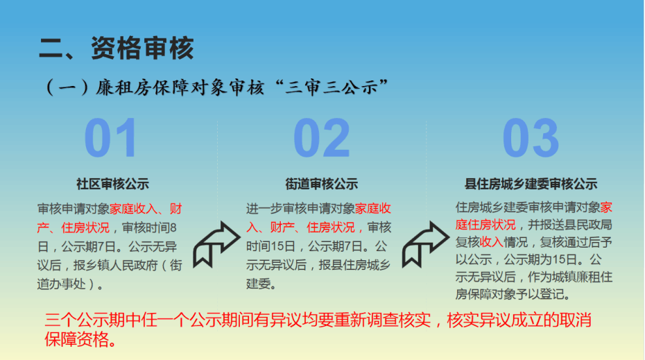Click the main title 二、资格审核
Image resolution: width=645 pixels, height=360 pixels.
(116, 48)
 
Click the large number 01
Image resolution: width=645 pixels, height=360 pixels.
(111, 138)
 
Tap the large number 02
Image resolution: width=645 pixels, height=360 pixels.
(322, 138)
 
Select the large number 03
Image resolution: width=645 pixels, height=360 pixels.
(531, 138)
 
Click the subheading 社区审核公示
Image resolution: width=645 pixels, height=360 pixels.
(113, 184)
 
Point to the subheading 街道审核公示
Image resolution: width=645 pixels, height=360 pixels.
(322, 184)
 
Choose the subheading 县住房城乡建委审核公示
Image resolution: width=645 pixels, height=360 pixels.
(531, 184)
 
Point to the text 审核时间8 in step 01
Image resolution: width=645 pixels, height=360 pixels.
(149, 228)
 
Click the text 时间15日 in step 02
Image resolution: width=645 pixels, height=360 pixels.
(270, 246)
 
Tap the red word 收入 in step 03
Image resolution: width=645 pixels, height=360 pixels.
(492, 242)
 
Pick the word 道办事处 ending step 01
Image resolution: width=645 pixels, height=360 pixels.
(62, 284)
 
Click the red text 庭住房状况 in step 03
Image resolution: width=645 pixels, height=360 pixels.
(485, 225)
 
